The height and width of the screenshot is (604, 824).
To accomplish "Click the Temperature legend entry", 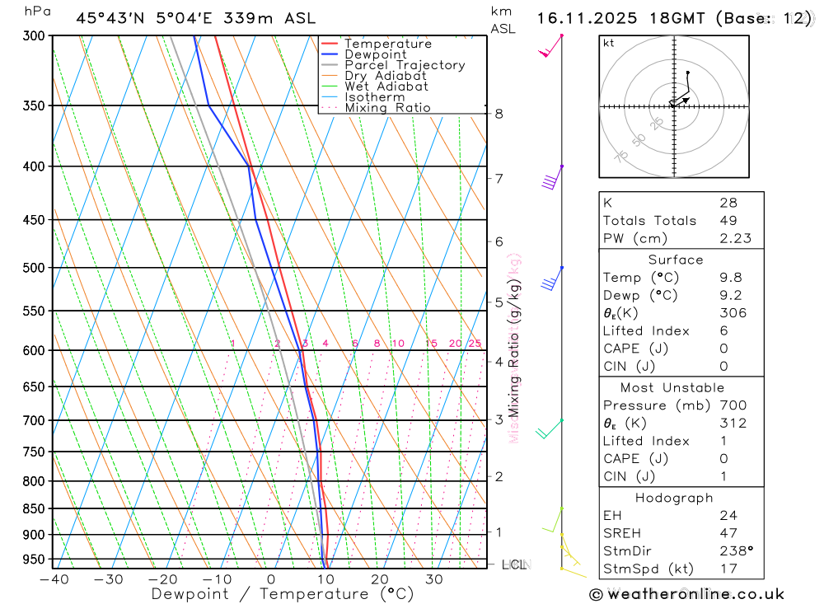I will [387, 44].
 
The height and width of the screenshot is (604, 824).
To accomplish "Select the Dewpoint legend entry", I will [375, 54].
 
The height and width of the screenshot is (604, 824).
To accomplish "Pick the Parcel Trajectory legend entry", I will [404, 65].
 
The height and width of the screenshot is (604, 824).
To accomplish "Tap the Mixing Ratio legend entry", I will [387, 108].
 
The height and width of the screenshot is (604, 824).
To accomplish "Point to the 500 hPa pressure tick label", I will [34, 268].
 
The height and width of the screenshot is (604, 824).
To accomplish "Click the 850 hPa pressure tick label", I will [34, 508].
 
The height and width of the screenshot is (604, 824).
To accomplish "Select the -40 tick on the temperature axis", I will [54, 579].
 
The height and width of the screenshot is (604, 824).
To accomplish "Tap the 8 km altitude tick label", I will [499, 114].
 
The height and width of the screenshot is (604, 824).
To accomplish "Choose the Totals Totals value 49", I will [728, 221].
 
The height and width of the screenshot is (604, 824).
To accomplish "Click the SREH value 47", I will [728, 533].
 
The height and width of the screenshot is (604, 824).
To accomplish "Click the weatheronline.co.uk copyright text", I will [687, 593].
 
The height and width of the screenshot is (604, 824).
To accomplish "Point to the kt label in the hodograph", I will [609, 43].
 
